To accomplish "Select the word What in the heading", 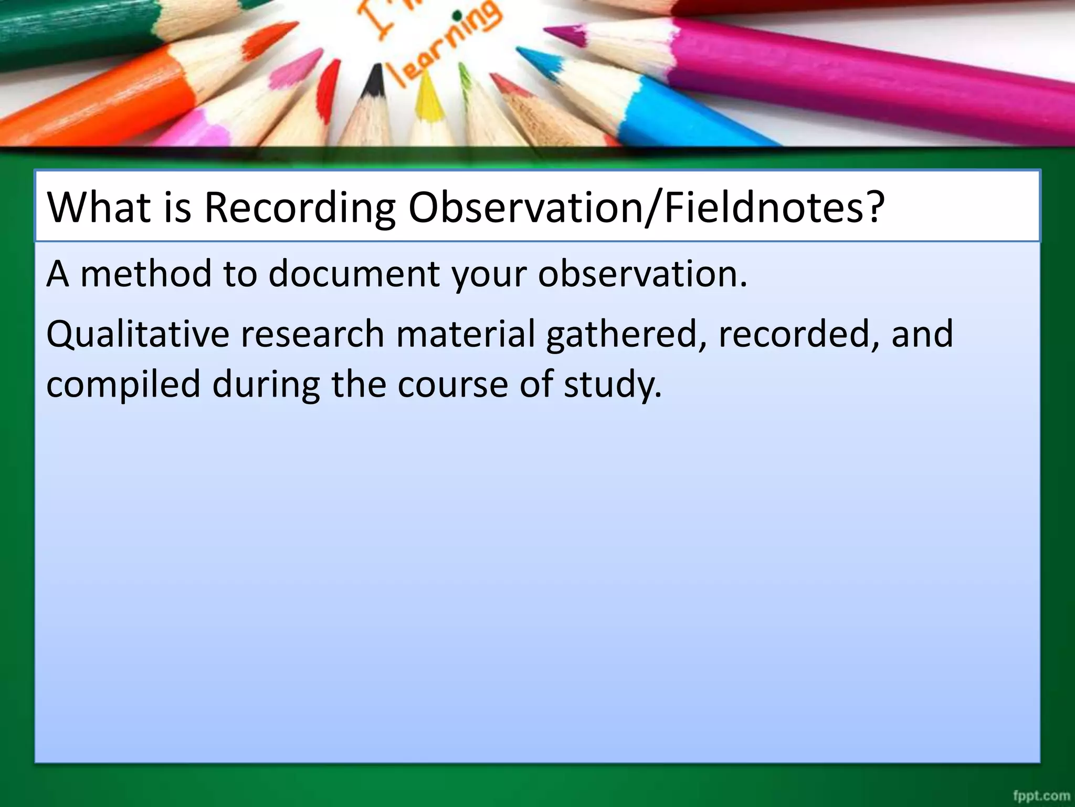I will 99,207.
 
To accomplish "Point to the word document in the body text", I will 354,274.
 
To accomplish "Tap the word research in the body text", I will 312,334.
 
